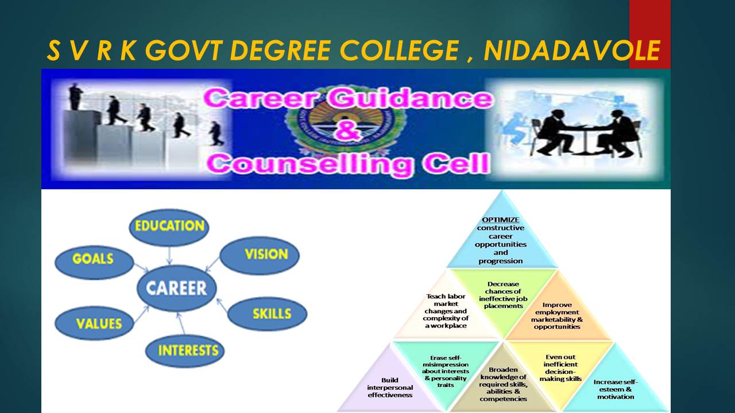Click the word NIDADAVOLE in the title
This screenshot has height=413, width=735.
[x=572, y=50]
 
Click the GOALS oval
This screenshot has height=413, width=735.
[x=94, y=263]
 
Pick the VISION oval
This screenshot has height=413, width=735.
[x=260, y=256]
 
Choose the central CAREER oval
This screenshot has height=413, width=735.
[x=176, y=288]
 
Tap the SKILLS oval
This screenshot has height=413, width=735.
[x=268, y=314]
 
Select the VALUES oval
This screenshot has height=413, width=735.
[x=95, y=323]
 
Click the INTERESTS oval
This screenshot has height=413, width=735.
[x=185, y=351]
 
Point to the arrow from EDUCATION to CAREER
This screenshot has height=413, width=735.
[x=169, y=256]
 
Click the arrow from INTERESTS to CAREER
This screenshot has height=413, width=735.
[x=181, y=323]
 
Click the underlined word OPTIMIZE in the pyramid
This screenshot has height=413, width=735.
[x=500, y=220]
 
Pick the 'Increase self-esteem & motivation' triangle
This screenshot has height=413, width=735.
[x=616, y=387]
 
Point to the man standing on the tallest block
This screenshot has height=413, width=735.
[x=75, y=97]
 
